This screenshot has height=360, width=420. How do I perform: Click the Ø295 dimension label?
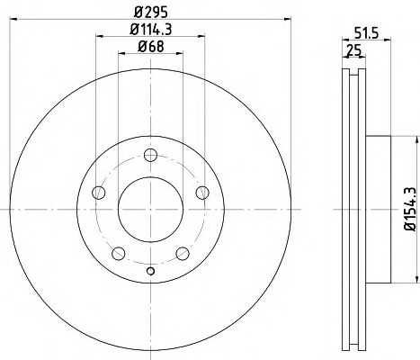(x=150, y=12)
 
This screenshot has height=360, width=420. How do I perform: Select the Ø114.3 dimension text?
(x=151, y=30)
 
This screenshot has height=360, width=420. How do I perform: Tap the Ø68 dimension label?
(x=151, y=47)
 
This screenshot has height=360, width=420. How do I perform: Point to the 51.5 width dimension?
(x=367, y=32)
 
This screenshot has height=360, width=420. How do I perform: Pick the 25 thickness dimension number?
(x=354, y=50)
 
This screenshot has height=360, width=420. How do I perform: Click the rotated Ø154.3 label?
(x=410, y=209)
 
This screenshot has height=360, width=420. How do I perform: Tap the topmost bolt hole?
(x=150, y=155)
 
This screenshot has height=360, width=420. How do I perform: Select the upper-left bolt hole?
(x=99, y=193)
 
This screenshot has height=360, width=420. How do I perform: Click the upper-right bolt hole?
(x=202, y=193)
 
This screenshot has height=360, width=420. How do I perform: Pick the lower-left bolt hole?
(x=119, y=254)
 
